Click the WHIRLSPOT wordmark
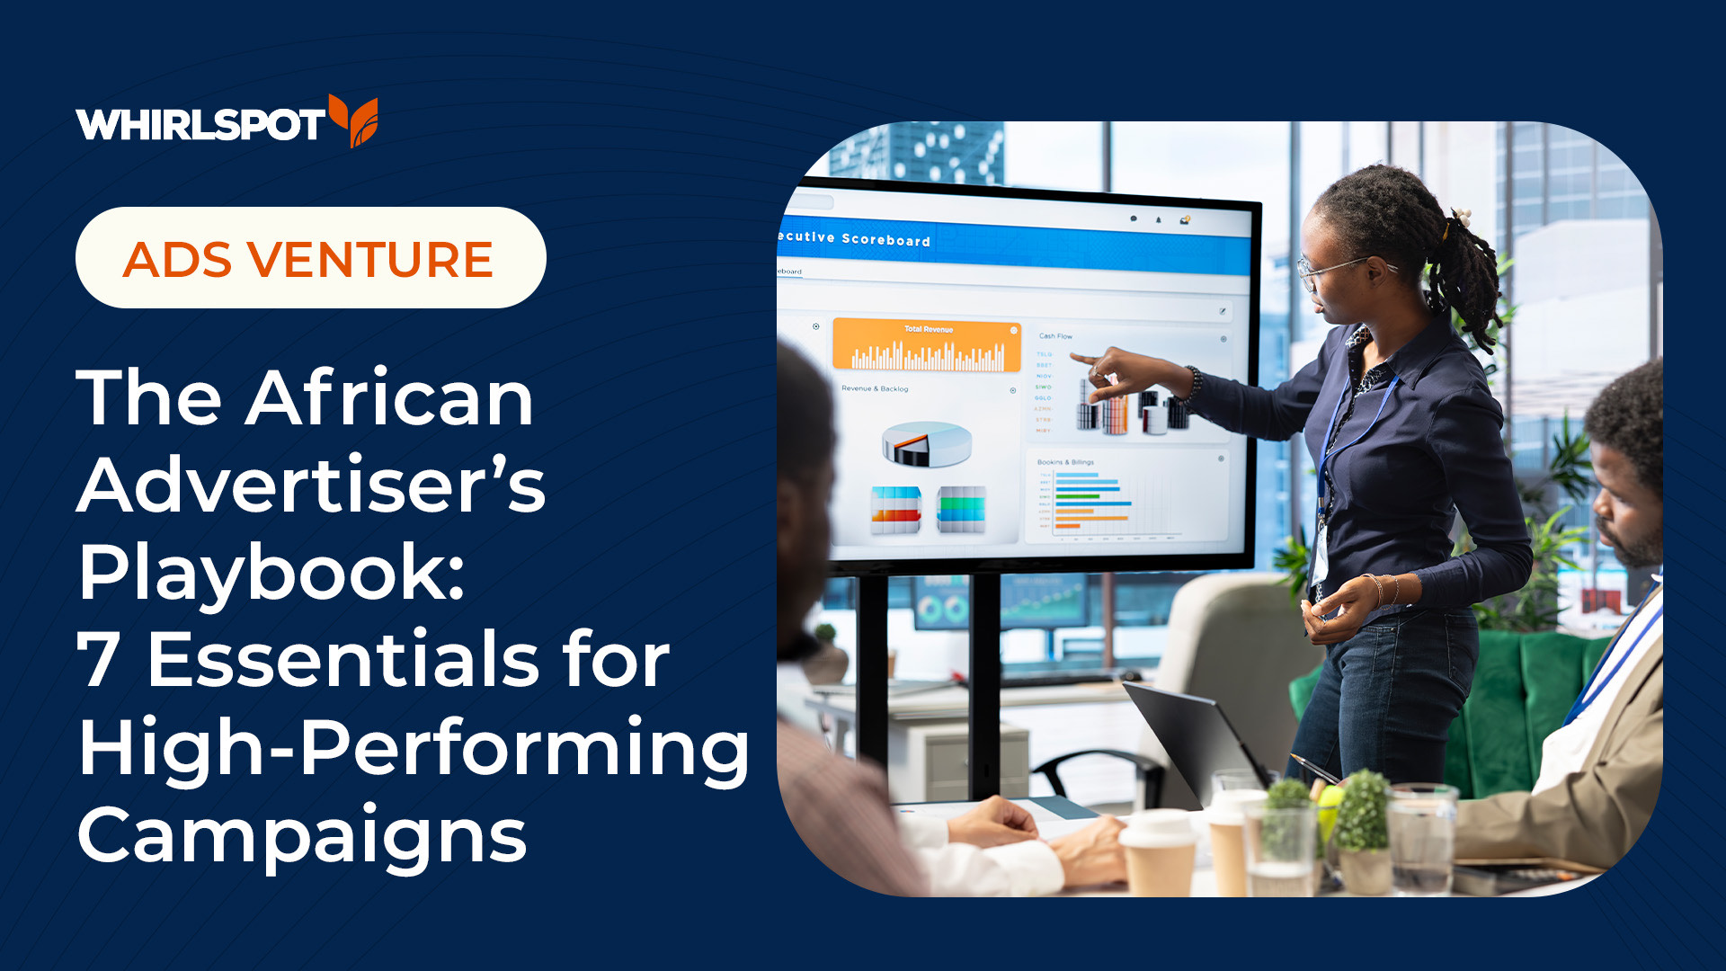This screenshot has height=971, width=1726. (200, 124)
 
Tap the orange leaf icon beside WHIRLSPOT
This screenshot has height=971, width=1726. (354, 120)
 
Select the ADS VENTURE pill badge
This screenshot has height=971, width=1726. (310, 258)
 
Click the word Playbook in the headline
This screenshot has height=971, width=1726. (270, 573)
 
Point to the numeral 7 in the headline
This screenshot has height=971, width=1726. (99, 659)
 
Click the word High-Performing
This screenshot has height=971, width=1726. (414, 748)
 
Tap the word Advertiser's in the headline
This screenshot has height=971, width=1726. (311, 485)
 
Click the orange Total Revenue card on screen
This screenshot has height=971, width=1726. (927, 346)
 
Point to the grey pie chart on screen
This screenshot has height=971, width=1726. (927, 443)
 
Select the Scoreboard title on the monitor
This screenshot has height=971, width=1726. (885, 240)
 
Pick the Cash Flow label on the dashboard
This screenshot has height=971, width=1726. (1055, 336)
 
